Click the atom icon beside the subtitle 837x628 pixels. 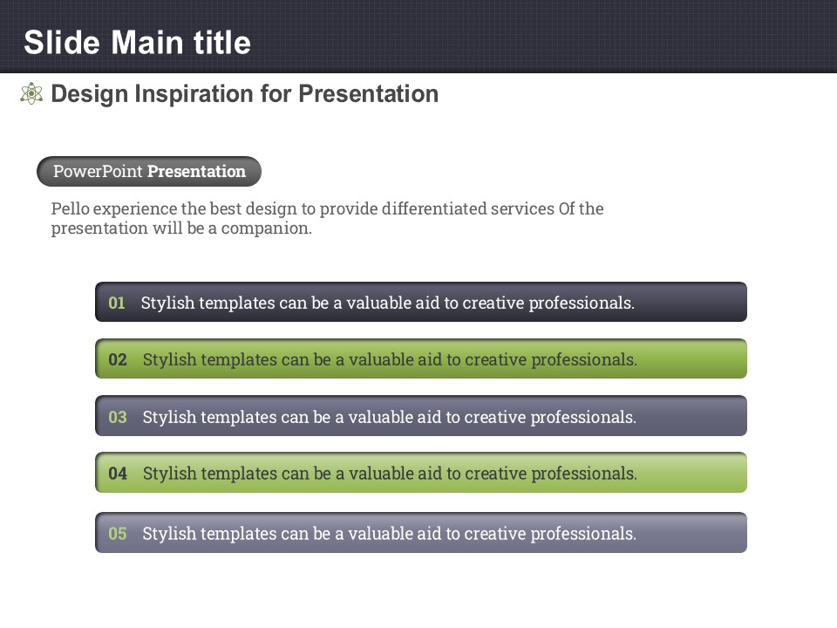point(31,93)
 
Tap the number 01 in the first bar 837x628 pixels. point(117,303)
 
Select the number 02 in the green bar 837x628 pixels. point(118,359)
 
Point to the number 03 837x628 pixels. point(118,417)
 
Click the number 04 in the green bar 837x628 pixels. point(118,473)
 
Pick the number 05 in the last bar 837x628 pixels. point(118,534)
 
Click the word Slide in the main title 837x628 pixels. point(62,42)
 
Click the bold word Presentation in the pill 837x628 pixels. point(196,172)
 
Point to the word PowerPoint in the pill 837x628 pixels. point(98,172)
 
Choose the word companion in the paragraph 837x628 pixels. point(267,229)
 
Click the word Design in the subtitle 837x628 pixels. point(90,94)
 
